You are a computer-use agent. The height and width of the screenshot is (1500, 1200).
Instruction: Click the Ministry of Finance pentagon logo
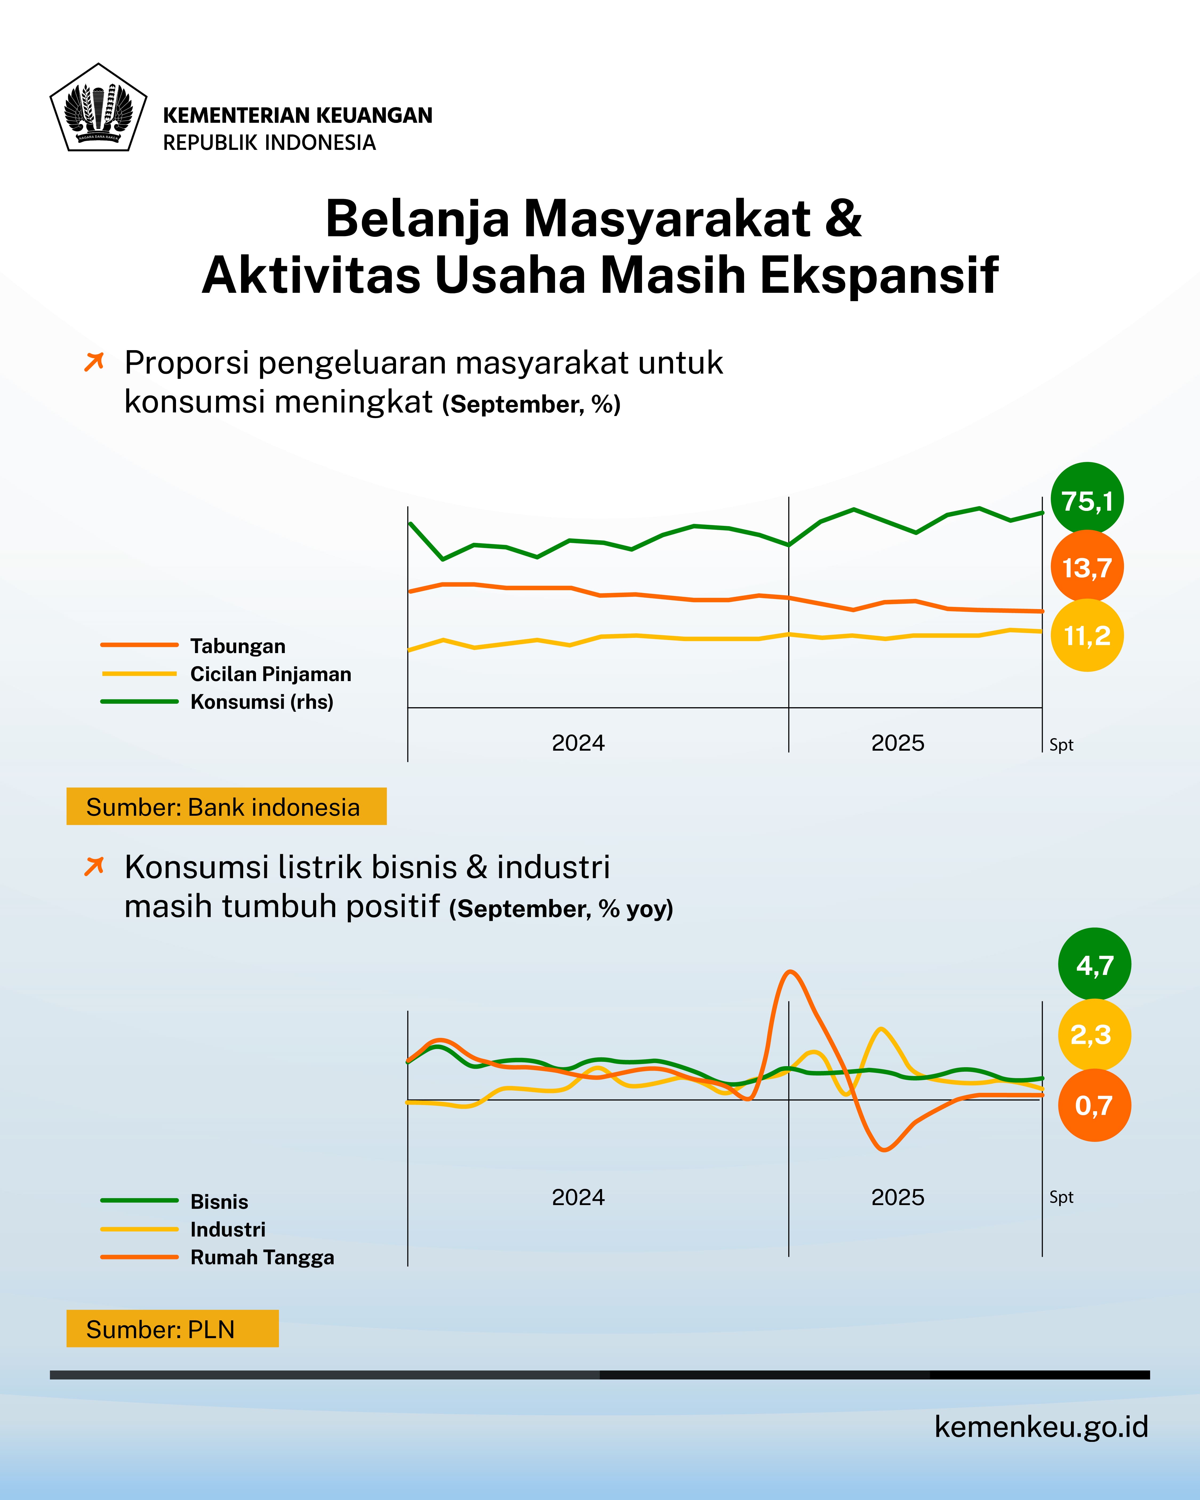pyautogui.click(x=98, y=108)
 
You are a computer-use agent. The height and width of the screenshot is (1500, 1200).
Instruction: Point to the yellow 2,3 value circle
pyautogui.click(x=1094, y=1035)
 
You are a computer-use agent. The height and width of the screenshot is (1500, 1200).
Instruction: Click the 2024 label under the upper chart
pyautogui.click(x=578, y=743)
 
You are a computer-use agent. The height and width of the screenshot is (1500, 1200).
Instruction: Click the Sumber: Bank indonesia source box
pyautogui.click(x=226, y=806)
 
